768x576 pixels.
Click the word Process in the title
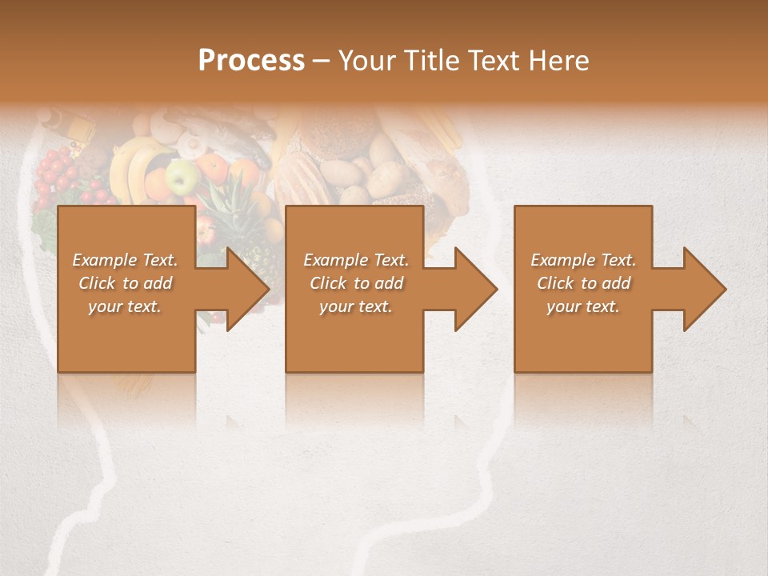click(251, 61)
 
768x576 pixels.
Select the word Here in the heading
click(561, 61)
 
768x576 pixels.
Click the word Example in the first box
click(105, 260)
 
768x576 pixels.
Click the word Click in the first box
click(98, 283)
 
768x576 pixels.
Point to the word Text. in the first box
click(160, 260)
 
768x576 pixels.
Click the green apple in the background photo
click(182, 176)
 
